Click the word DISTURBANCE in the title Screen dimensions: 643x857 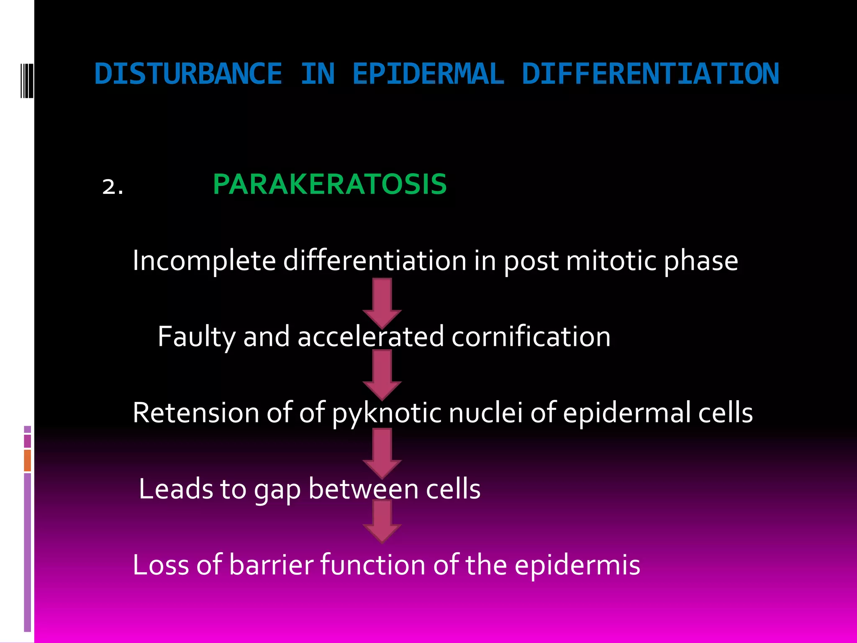[x=188, y=74]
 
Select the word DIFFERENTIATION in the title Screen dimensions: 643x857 [x=650, y=74]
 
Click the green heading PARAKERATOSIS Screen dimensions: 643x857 [x=330, y=185]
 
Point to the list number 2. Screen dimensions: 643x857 [x=113, y=187]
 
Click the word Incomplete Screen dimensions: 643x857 [x=204, y=261]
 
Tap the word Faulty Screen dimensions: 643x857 [x=197, y=337]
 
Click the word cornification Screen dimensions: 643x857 [x=531, y=337]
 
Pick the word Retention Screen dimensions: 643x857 [x=196, y=413]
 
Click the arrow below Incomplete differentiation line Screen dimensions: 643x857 [x=382, y=302]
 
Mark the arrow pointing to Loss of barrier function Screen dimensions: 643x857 [x=382, y=521]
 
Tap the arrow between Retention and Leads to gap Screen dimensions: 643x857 [x=382, y=452]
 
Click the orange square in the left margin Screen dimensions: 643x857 [x=28, y=460]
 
